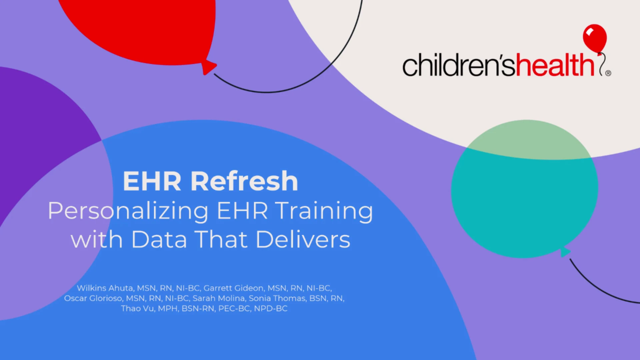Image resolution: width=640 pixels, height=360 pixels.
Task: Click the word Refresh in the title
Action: pos(244,181)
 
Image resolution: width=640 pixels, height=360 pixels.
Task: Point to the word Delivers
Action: pos(303,239)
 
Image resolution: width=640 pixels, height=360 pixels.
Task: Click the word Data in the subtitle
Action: pos(159,239)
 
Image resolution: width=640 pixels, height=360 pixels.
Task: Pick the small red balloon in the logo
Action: pos(595,38)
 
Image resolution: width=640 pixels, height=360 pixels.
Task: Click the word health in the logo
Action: pos(555,65)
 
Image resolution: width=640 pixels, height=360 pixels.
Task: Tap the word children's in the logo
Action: pos(459,65)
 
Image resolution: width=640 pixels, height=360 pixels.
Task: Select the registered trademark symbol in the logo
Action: pos(608,73)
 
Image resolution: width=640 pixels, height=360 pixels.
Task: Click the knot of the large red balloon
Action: pos(209,67)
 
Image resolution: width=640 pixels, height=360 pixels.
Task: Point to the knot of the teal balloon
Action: pos(565,252)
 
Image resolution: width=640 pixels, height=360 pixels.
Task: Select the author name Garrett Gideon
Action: pos(233,288)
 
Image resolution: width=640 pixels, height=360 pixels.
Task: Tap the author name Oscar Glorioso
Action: pos(93,298)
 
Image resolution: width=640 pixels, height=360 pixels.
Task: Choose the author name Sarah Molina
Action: pos(219,298)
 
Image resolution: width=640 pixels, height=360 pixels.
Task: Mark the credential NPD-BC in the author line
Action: pos(271,308)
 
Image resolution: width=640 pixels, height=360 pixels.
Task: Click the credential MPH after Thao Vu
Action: pos(168,308)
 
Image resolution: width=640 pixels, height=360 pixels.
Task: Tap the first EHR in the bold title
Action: pos(152,181)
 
